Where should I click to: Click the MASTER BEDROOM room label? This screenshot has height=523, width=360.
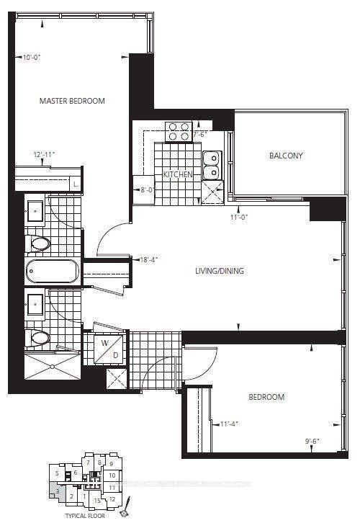72,101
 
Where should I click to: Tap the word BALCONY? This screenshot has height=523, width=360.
286,156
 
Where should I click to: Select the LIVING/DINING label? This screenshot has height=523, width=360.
220,272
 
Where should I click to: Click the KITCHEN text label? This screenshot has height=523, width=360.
178,175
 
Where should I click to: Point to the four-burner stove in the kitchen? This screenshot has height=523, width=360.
178,131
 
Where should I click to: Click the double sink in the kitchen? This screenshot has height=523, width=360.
212,165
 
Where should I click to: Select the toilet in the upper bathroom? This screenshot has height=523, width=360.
38,243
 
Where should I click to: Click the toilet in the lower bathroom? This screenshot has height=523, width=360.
38,338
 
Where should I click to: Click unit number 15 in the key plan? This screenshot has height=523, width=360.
98,499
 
